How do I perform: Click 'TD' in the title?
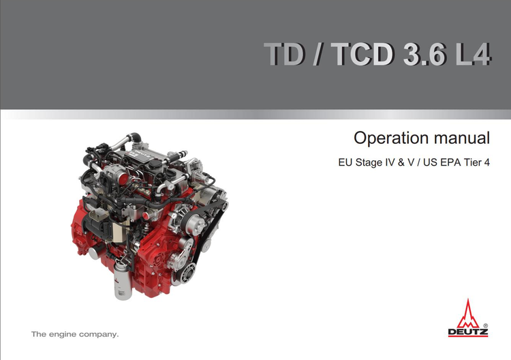(284, 54)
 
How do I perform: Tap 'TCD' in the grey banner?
(362, 54)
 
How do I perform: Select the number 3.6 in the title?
(424, 54)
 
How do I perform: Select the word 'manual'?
(462, 138)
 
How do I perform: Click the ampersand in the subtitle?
(401, 162)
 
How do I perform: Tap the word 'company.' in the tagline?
(99, 335)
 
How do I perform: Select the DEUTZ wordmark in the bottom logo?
(468, 332)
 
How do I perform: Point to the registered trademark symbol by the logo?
(485, 325)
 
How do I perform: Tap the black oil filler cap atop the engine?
(155, 162)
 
